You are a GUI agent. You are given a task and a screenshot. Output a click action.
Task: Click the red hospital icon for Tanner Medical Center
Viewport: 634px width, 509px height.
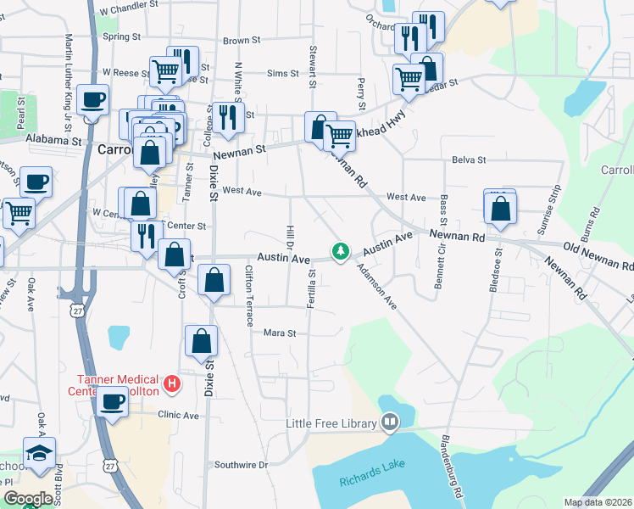pos(172,384)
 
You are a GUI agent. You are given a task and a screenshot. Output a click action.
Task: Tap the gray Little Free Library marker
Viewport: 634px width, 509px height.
pos(390,421)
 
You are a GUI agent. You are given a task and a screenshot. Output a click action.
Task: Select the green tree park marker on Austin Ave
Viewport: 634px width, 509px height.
pos(341,251)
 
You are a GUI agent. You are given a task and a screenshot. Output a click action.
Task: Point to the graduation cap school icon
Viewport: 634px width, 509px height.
pos(39,453)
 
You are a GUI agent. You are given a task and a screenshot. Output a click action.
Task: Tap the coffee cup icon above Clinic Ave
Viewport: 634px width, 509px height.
pos(111,403)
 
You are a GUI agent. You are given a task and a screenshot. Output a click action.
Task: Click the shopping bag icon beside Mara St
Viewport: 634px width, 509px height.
pos(201,342)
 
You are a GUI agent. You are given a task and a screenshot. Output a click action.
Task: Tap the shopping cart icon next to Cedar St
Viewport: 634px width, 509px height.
pos(409,79)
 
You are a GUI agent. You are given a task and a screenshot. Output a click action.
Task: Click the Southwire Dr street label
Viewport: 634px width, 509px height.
pos(241,465)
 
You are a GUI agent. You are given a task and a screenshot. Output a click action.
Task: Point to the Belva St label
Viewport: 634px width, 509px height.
pos(469,159)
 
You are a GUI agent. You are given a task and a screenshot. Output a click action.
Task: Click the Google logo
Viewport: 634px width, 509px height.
pos(28,499)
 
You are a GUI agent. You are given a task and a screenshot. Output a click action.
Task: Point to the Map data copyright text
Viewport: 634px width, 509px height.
pos(598,502)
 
